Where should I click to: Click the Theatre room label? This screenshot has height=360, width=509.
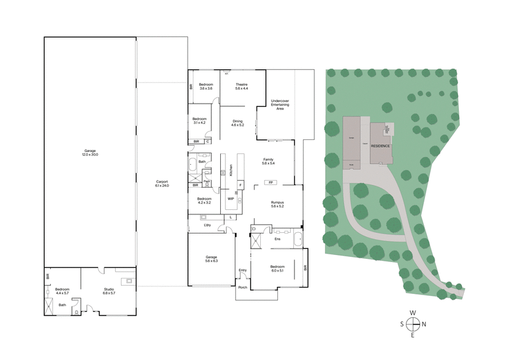[x=241, y=87]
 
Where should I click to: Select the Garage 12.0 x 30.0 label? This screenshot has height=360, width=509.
[x=90, y=153]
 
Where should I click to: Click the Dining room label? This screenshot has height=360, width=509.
[x=237, y=123]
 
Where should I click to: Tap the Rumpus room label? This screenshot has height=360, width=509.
[x=277, y=205]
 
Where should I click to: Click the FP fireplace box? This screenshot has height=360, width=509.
[x=272, y=183]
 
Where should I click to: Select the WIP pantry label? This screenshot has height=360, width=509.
[x=231, y=198]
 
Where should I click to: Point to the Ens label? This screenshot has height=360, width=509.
[x=278, y=239]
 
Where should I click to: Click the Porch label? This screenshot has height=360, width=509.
[x=242, y=287]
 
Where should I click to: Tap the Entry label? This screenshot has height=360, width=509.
[x=242, y=270]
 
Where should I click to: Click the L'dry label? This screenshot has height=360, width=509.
[x=207, y=225]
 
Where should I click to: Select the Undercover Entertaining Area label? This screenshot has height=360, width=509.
[x=280, y=104]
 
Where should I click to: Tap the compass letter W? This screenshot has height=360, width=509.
[x=413, y=313]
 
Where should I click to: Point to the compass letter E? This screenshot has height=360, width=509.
[x=413, y=335]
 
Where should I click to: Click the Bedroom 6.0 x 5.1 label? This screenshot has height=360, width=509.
[x=278, y=268]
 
